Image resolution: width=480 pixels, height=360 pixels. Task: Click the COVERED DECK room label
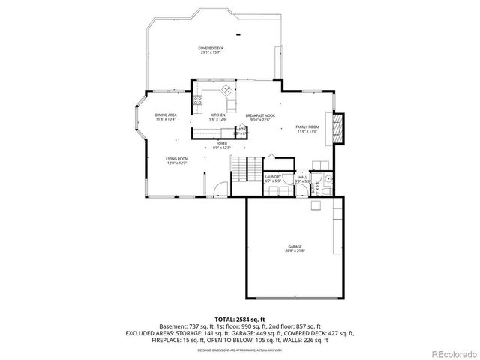tap(211, 48)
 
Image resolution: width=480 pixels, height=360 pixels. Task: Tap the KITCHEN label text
tap(218, 115)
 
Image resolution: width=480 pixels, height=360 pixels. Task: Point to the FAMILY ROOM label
tap(307, 127)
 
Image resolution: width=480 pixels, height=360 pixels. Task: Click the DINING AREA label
tap(166, 115)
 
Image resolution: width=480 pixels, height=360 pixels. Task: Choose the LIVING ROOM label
tap(177, 159)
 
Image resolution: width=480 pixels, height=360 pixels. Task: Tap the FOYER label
tap(221, 143)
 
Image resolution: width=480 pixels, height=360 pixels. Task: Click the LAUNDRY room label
tap(273, 176)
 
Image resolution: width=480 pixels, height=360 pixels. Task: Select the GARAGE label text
tap(295, 246)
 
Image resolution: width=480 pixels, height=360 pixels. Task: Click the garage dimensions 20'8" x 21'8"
tap(295, 250)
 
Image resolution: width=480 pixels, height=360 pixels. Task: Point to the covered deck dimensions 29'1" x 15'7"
tap(211, 52)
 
